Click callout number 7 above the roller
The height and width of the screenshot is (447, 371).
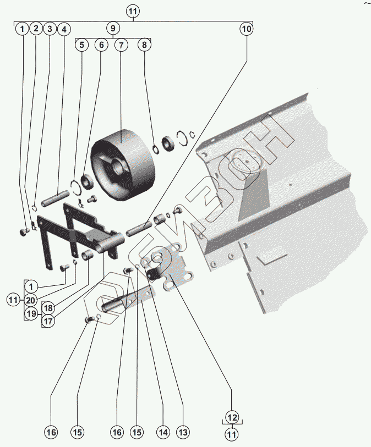(x=121, y=46)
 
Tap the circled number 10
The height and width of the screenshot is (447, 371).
(x=246, y=28)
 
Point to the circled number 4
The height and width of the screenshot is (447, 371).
(x=64, y=29)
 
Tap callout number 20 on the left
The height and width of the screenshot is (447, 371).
(x=31, y=300)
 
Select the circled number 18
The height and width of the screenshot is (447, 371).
(x=49, y=308)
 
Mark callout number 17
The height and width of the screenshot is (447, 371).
(x=49, y=322)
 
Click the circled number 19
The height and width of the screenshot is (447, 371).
(x=31, y=314)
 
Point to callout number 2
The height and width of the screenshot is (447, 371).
(x=36, y=29)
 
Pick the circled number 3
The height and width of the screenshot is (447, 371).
(x=50, y=29)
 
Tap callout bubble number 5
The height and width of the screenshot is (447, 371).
(x=82, y=46)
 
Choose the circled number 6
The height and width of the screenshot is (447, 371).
(x=101, y=46)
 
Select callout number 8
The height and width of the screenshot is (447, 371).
(x=144, y=46)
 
